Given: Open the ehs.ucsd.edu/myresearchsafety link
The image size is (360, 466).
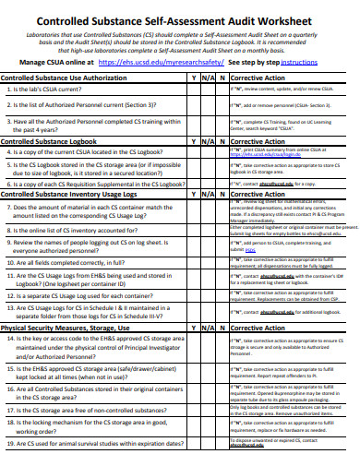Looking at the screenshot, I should tap(171, 63).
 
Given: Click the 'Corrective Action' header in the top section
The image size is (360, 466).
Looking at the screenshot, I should tap(258, 78).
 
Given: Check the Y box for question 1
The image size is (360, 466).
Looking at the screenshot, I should tap(194, 91).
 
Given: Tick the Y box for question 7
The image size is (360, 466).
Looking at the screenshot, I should tap(194, 212).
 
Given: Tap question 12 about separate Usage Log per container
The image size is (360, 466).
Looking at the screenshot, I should tap(92, 295).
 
